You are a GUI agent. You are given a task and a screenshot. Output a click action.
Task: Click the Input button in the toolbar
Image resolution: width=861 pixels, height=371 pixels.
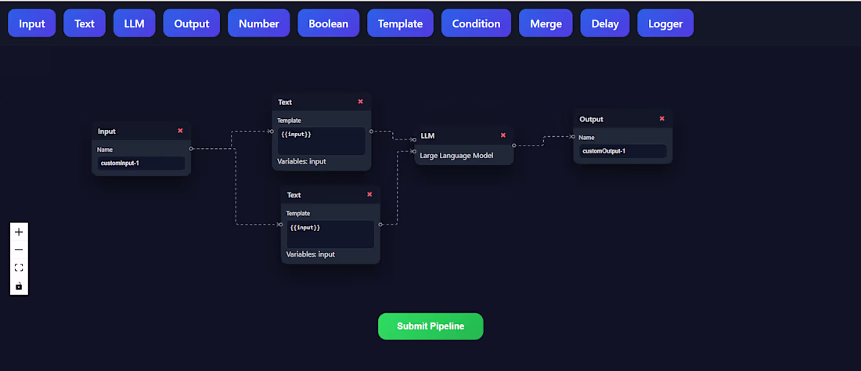32,23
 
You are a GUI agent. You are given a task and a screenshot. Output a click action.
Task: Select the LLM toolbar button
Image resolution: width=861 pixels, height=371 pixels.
135,23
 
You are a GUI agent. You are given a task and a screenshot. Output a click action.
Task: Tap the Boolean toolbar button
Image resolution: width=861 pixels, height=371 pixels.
329,23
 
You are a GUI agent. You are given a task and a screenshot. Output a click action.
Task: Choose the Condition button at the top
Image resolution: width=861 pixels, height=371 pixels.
476,23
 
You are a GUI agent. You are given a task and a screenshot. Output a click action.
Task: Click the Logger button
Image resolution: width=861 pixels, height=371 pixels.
665,23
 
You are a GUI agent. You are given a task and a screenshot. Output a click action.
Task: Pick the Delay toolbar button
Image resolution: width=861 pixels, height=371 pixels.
604,23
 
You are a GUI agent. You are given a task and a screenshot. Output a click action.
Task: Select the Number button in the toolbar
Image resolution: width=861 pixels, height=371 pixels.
259,23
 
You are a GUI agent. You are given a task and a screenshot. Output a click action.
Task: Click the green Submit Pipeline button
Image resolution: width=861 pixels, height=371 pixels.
430,326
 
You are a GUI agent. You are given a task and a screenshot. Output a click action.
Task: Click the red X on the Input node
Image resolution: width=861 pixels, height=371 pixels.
180,131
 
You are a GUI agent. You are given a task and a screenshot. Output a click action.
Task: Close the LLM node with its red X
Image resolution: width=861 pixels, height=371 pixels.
503,135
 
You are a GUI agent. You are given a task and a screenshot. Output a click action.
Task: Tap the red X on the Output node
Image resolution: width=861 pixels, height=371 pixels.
662,119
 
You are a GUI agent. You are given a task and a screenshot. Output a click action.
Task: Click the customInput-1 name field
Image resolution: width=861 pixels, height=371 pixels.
141,164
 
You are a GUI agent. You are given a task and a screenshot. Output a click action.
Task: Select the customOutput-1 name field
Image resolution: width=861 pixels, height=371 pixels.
622,151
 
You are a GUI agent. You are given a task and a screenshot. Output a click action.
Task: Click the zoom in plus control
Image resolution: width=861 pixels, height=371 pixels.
19,232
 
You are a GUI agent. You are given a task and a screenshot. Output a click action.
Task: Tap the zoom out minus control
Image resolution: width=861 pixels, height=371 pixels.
19,250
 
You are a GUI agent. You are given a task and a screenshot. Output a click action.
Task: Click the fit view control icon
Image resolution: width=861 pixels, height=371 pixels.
19,268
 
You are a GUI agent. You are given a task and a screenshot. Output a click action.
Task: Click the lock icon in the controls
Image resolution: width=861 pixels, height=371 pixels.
19,286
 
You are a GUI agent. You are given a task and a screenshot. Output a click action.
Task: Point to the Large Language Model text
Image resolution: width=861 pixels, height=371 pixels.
456,155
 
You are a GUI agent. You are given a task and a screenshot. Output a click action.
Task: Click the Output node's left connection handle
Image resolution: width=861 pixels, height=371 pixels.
574,136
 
